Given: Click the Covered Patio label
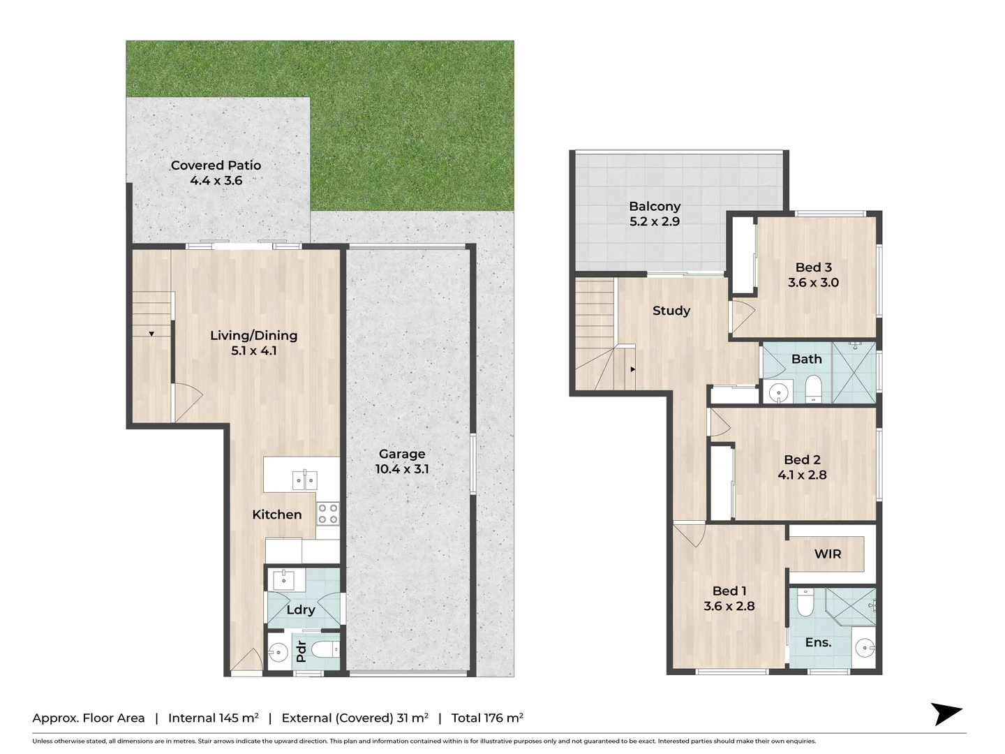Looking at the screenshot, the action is (x=216, y=165).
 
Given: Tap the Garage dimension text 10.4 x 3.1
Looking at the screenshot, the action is (x=401, y=469).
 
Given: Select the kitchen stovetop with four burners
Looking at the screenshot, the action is (x=328, y=513).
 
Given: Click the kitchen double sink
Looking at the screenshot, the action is (x=304, y=480).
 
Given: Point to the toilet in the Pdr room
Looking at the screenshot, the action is (x=326, y=649).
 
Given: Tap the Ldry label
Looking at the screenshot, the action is (x=301, y=609).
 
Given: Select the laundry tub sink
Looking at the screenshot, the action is (x=284, y=580).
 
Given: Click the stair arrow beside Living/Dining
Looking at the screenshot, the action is (x=151, y=334).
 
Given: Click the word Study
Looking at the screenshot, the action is (x=671, y=311).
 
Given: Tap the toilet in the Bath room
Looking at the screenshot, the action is (x=814, y=388).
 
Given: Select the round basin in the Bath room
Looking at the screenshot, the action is (x=778, y=392).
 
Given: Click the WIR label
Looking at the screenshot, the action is (x=828, y=554).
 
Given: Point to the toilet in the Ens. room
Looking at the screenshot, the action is (x=805, y=602).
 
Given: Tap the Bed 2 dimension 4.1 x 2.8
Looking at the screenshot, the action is (x=802, y=475).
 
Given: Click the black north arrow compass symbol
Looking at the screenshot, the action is (x=946, y=714).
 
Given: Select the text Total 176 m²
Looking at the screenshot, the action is (x=487, y=718).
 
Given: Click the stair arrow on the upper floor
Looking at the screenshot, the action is (x=633, y=369).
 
